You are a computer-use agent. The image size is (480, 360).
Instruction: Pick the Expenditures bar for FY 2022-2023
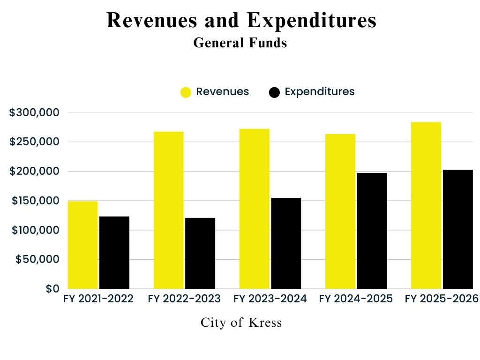pyautogui.click(x=200, y=253)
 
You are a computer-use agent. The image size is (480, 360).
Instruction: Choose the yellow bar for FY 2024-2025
pyautogui.click(x=340, y=211)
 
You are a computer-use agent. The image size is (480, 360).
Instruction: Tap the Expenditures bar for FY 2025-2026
pyautogui.click(x=457, y=229)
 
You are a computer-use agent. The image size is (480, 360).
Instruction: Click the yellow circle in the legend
pyautogui.click(x=186, y=92)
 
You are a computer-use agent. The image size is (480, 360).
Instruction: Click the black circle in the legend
pyautogui.click(x=275, y=92)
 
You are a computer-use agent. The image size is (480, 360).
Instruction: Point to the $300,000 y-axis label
pyautogui.click(x=34, y=112)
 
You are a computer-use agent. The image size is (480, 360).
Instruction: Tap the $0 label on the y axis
pyautogui.click(x=52, y=289)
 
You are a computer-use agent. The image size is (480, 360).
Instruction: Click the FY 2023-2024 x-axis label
pyautogui.click(x=270, y=299)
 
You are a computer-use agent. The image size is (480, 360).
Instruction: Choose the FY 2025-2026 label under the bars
pyautogui.click(x=441, y=299)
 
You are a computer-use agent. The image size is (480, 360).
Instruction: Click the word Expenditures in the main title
pyautogui.click(x=311, y=21)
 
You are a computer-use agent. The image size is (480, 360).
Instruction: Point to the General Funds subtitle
pyautogui.click(x=240, y=43)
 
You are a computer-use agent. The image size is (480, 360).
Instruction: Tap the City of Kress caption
pyautogui.click(x=241, y=322)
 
